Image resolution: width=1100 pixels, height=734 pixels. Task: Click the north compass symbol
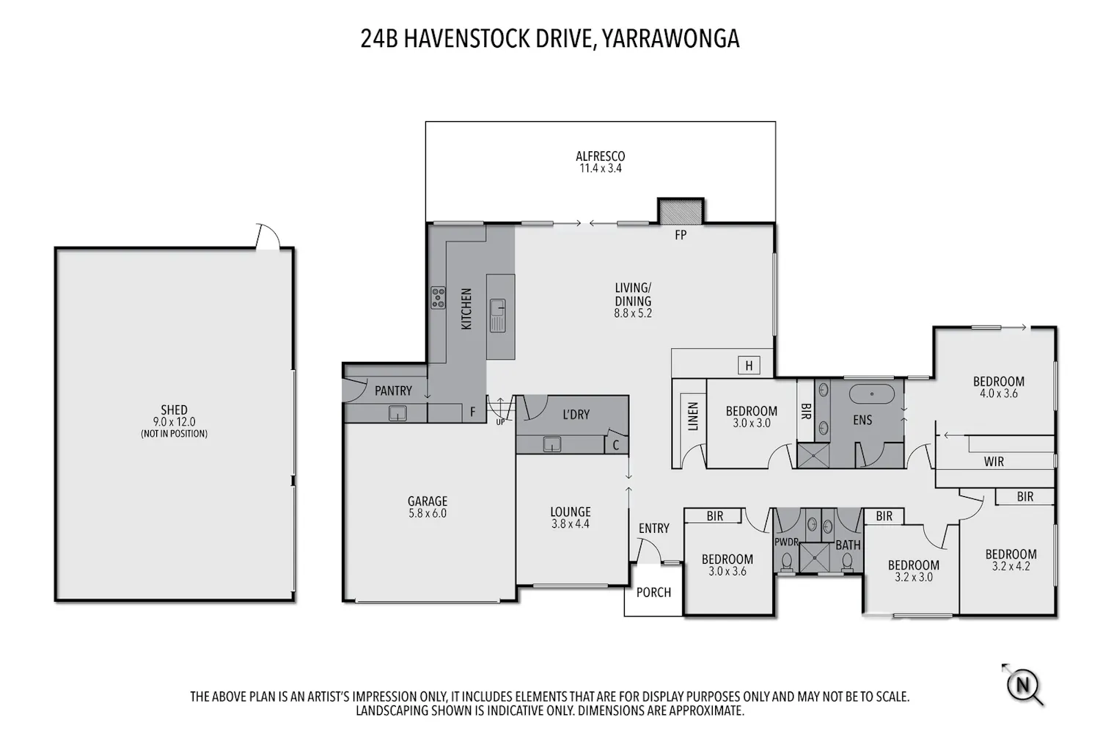tap(1023, 684)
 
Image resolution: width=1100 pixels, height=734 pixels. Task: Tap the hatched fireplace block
tap(681, 211)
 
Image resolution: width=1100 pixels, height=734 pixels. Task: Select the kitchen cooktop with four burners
tap(438, 298)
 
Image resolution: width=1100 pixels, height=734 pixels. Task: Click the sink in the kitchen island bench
tap(497, 315)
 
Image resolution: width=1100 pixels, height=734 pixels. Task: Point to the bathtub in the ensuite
tap(872, 394)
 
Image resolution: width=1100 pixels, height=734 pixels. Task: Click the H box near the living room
tap(749, 366)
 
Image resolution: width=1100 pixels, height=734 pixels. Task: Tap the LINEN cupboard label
tap(693, 416)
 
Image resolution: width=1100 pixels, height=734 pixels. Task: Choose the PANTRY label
tap(393, 390)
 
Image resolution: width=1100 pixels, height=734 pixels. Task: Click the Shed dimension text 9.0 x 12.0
tap(174, 422)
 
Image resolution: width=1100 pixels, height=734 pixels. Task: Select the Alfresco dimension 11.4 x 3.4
tap(601, 168)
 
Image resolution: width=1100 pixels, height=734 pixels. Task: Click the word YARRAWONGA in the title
tap(670, 39)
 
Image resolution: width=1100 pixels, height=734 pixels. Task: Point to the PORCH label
tap(653, 592)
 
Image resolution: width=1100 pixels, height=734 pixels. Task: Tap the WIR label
tap(994, 462)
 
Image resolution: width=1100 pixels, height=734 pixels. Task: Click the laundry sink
tap(552, 444)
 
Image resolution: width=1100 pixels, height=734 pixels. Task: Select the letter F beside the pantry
tap(473, 412)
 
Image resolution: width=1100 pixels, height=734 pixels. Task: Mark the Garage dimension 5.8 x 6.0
tap(428, 513)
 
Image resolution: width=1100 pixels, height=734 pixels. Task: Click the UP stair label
tap(500, 422)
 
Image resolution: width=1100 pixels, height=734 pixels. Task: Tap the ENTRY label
tap(654, 528)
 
